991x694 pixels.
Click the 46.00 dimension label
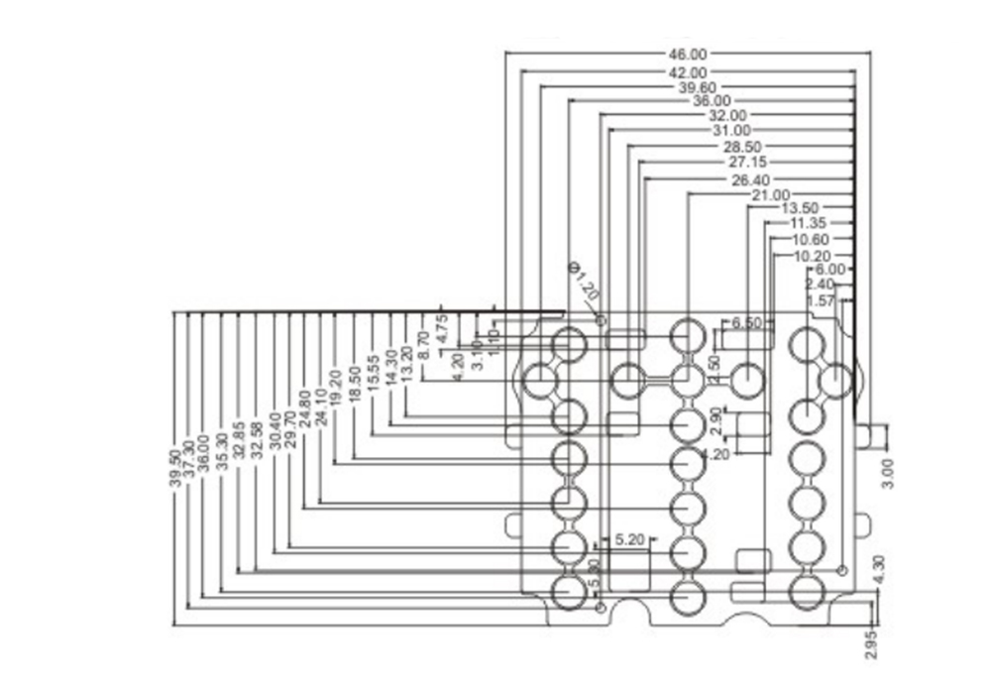point(688,54)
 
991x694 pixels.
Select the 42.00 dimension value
point(688,72)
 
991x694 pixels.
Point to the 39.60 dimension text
point(697,87)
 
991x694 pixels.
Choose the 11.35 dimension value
point(810,223)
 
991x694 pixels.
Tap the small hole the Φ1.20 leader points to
point(602,319)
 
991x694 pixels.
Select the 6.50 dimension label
point(747,324)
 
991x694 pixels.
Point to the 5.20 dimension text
point(630,540)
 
